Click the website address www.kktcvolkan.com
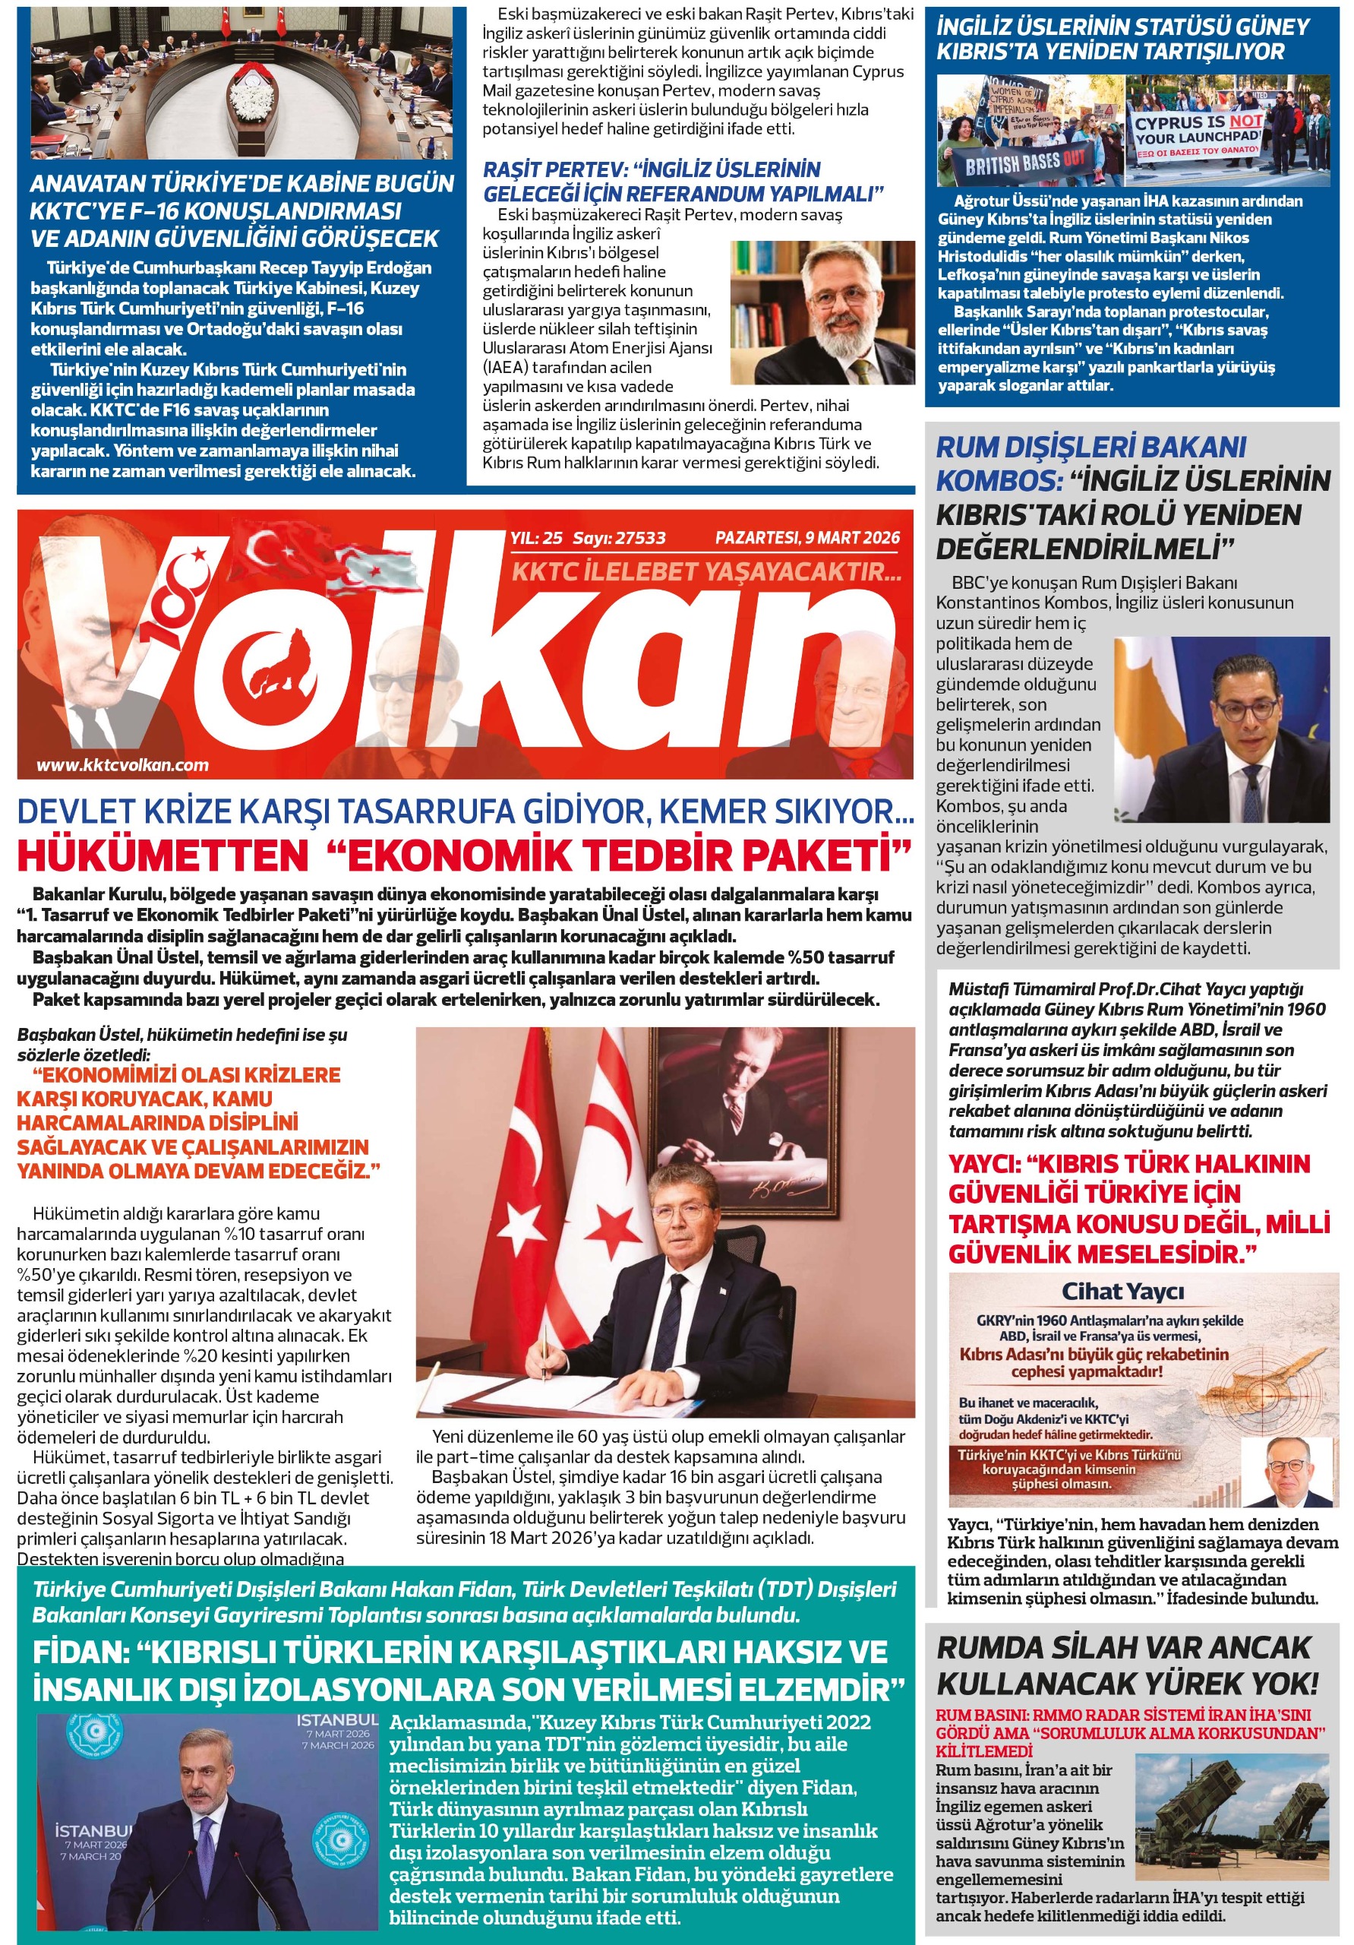pos(122,765)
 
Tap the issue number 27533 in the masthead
pos(639,538)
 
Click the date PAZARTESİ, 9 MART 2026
pos(807,538)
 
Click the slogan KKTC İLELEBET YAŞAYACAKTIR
pos(707,572)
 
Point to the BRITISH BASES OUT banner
pos(1024,163)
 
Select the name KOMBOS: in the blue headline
pos(999,481)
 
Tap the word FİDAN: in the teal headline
pos(80,1652)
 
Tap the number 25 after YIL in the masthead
pos(552,538)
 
